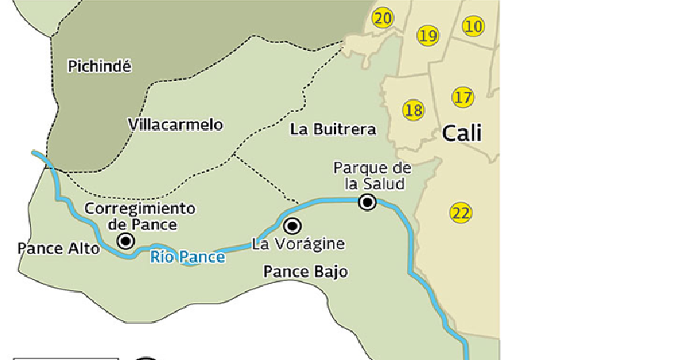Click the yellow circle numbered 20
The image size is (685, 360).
coord(383,18)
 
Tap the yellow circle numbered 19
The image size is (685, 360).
coord(427,36)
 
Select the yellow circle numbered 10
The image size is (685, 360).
coord(473,26)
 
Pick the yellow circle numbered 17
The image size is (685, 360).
coord(463,98)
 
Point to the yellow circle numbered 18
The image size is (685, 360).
coord(413,110)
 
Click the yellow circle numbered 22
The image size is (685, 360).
coord(461,213)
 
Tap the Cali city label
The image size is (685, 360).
coord(462,132)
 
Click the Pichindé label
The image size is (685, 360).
coord(99,67)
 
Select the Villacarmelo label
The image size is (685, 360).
coord(175,125)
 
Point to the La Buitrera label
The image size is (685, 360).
coord(333,129)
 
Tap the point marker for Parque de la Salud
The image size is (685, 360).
coord(367,202)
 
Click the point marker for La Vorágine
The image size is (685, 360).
coord(293,225)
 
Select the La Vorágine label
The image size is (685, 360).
coord(298,244)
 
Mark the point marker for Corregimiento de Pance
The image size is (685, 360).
coord(125,240)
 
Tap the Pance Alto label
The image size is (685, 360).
coord(59,248)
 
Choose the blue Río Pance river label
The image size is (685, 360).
coord(187,257)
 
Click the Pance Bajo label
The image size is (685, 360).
coord(305,272)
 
